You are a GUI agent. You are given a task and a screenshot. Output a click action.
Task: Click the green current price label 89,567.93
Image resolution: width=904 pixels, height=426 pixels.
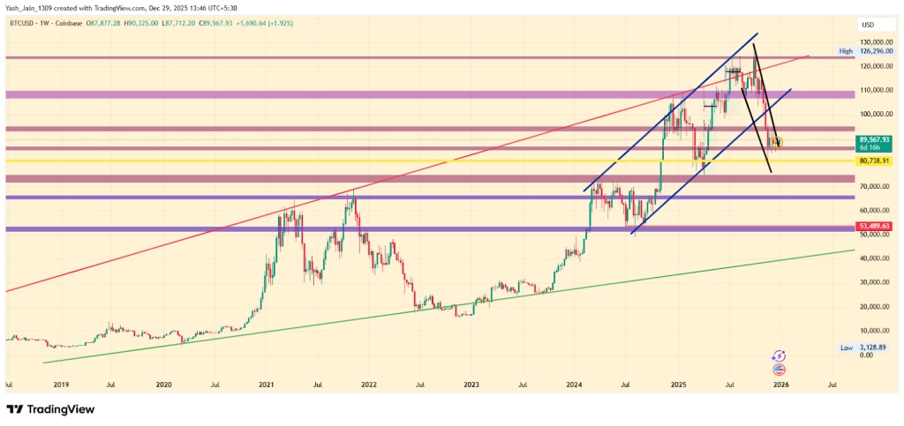[x=873, y=140]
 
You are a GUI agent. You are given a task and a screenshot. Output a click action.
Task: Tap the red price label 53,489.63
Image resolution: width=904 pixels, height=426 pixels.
[x=873, y=227]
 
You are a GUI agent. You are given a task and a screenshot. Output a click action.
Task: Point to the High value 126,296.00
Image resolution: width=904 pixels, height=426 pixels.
[x=874, y=51]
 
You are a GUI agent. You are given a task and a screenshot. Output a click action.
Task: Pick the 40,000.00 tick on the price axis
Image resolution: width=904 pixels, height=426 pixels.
[x=873, y=258]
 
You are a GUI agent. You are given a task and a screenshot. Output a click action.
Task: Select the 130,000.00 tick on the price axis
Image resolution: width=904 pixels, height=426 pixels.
[x=873, y=41]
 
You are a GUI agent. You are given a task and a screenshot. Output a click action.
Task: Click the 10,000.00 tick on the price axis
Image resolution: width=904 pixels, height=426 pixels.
[x=873, y=331]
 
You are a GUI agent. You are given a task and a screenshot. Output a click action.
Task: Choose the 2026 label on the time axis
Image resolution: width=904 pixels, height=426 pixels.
[x=780, y=385]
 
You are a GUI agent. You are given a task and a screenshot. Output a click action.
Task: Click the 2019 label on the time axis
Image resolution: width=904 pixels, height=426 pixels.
[x=60, y=385]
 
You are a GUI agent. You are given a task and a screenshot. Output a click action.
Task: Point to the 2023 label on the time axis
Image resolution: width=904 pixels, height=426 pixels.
[x=471, y=385]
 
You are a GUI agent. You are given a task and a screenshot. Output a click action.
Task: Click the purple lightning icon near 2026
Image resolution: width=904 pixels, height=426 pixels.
[x=779, y=355]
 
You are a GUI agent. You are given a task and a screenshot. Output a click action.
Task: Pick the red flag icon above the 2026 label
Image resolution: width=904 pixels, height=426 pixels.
[x=780, y=370]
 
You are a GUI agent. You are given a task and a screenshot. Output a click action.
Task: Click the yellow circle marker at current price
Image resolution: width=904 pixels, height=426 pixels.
[x=779, y=142]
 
